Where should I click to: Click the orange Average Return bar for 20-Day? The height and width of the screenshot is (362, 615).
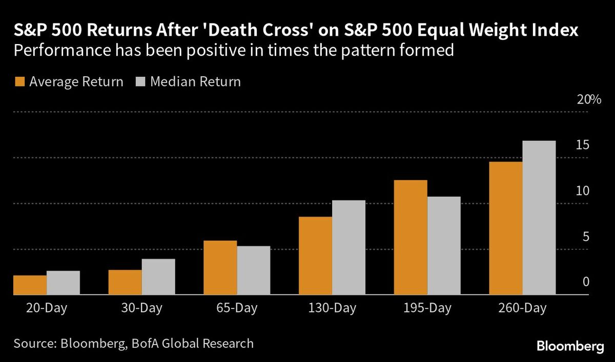(x=30, y=285)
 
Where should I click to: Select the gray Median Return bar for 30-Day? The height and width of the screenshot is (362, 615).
(x=158, y=277)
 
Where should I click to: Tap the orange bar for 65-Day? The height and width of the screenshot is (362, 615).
(x=220, y=268)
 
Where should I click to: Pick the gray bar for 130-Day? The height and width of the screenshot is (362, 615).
(x=348, y=248)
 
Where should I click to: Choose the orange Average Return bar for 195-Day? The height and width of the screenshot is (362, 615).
(x=411, y=238)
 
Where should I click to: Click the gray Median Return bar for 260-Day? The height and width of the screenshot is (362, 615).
(x=539, y=218)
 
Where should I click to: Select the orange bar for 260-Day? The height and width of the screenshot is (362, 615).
(x=506, y=228)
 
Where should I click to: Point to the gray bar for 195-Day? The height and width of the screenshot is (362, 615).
(x=444, y=246)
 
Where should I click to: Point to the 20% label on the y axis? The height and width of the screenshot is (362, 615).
(x=588, y=99)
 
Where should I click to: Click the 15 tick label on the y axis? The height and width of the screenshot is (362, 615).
(x=583, y=145)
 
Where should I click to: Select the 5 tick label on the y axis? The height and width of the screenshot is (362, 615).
(x=585, y=237)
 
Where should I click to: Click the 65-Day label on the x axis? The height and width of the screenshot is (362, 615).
(x=237, y=308)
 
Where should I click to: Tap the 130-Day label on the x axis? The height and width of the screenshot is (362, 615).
(x=332, y=308)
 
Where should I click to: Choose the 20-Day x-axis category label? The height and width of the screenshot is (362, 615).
(x=46, y=308)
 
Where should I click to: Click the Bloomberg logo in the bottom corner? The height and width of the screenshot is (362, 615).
(x=570, y=347)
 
